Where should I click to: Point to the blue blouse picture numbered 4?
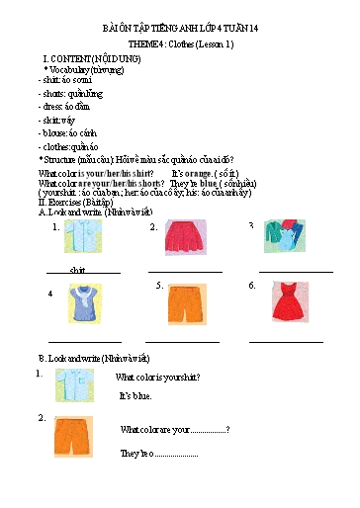click(x=83, y=302)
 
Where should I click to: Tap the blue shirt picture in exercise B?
click(x=74, y=384)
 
